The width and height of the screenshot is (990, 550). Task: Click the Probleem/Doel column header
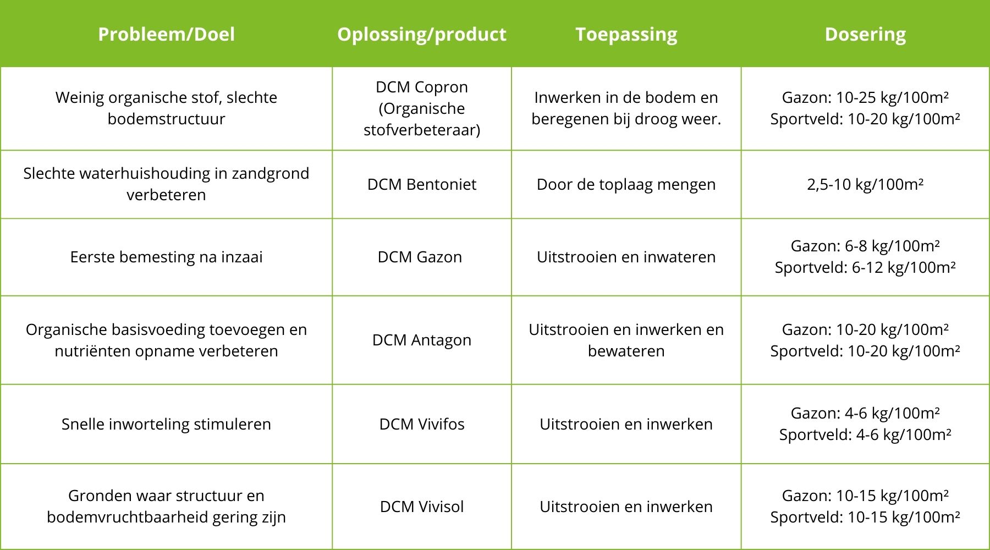click(166, 34)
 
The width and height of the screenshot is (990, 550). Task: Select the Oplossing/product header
click(422, 34)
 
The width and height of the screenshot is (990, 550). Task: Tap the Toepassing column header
click(626, 34)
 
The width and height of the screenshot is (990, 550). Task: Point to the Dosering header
click(865, 34)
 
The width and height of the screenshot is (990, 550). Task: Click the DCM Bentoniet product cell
click(422, 184)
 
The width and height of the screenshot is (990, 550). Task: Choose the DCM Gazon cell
click(420, 257)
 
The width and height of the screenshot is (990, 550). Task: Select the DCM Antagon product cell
click(422, 340)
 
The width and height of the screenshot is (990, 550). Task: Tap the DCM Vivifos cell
click(422, 424)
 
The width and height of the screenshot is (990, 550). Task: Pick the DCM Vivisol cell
click(422, 507)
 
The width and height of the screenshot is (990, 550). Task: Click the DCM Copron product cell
click(422, 108)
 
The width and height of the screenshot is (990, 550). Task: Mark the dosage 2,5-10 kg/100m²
click(865, 184)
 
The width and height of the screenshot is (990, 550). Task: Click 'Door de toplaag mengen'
click(626, 184)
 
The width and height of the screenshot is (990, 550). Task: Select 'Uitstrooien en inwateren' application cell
click(626, 257)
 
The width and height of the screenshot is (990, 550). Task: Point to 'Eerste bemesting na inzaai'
click(166, 257)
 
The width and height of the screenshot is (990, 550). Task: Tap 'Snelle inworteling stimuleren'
click(166, 424)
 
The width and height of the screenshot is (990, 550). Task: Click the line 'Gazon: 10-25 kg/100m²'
click(865, 97)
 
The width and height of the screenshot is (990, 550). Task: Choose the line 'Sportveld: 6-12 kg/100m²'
click(865, 267)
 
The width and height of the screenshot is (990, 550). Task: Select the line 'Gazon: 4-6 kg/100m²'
click(865, 413)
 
